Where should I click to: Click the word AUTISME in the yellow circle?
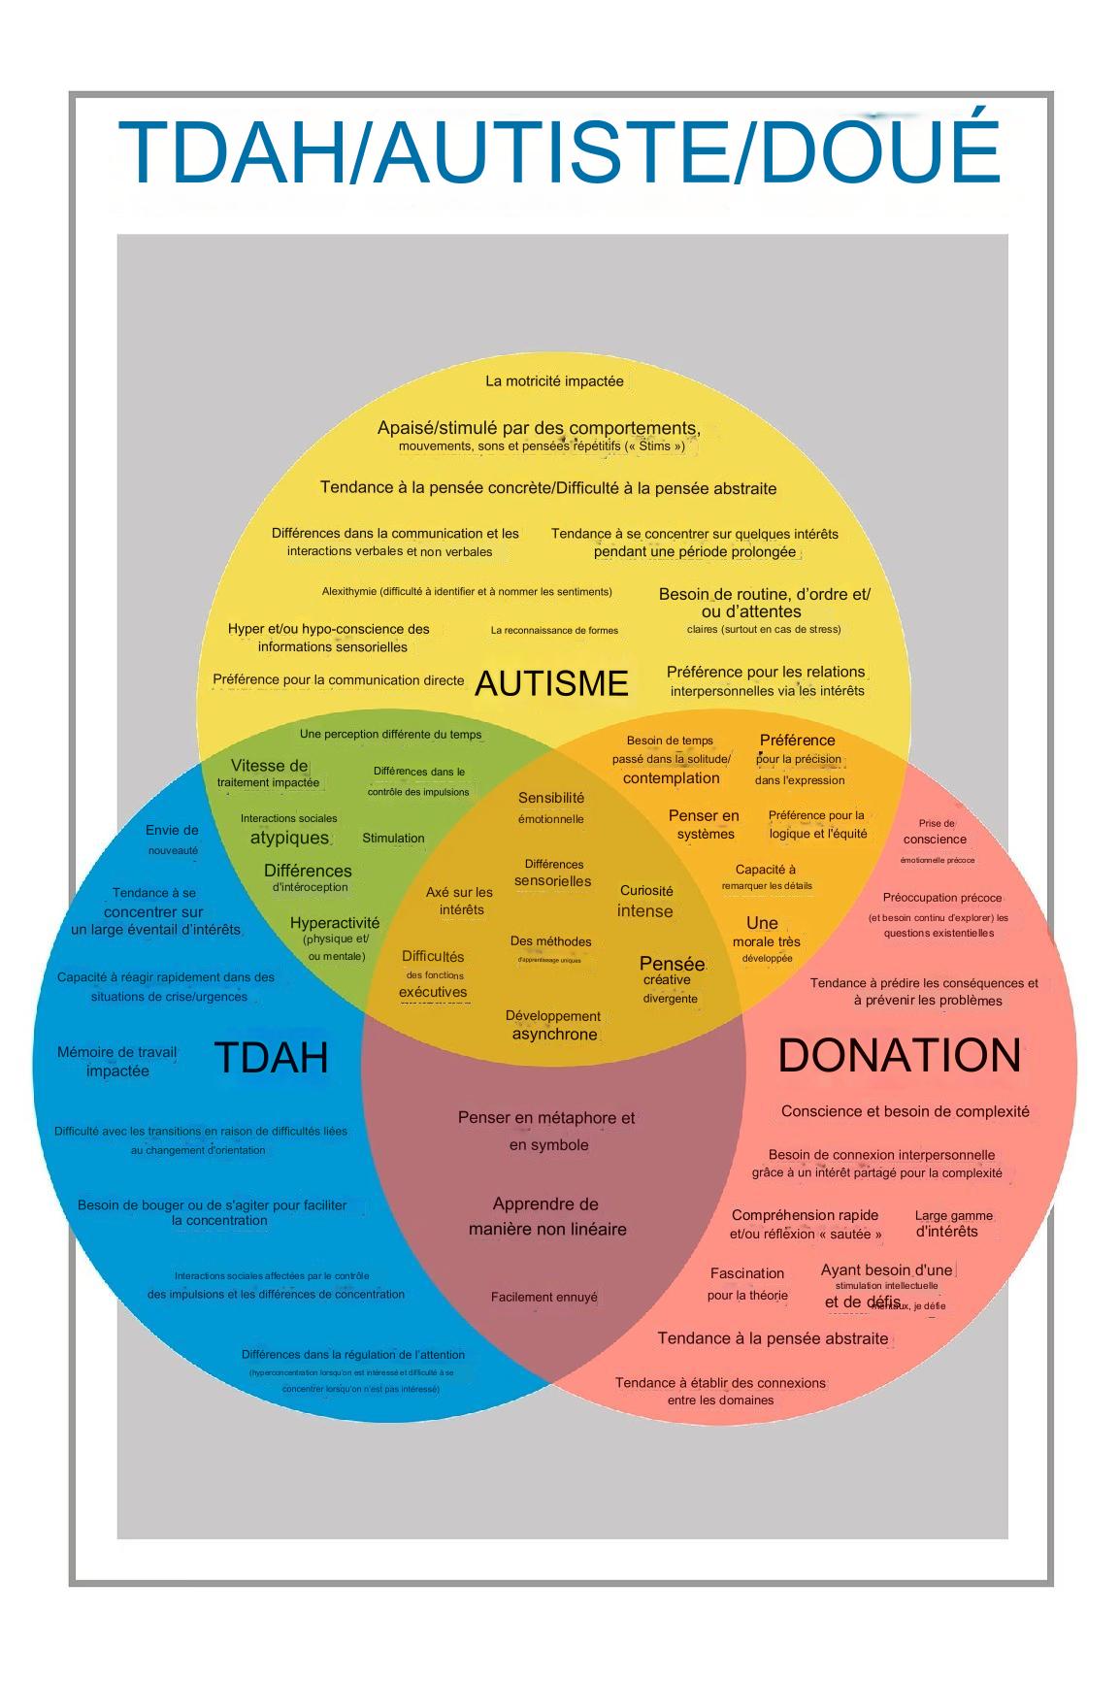click(x=551, y=683)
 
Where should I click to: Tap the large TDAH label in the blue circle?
click(x=271, y=1057)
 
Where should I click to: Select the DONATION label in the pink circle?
click(x=899, y=1055)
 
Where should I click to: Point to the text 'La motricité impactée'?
click(x=554, y=381)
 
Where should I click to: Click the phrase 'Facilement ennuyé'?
click(x=544, y=1297)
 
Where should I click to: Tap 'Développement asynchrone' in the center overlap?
click(x=552, y=1025)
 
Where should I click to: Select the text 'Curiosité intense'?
click(x=645, y=902)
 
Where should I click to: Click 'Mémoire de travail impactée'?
click(x=117, y=1061)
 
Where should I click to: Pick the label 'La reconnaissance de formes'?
click(x=554, y=630)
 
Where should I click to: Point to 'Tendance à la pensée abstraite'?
click(x=773, y=1338)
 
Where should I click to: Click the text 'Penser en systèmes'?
click(x=704, y=824)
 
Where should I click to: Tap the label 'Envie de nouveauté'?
click(x=172, y=840)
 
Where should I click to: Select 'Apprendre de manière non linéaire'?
click(x=546, y=1216)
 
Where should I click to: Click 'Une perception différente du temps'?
click(x=390, y=735)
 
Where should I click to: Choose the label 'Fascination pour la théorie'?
click(x=747, y=1283)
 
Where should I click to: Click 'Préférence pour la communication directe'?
click(x=338, y=680)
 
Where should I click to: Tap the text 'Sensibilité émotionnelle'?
click(x=551, y=808)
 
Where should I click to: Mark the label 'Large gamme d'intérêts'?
click(x=951, y=1224)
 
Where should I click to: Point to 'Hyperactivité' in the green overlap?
click(x=335, y=923)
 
